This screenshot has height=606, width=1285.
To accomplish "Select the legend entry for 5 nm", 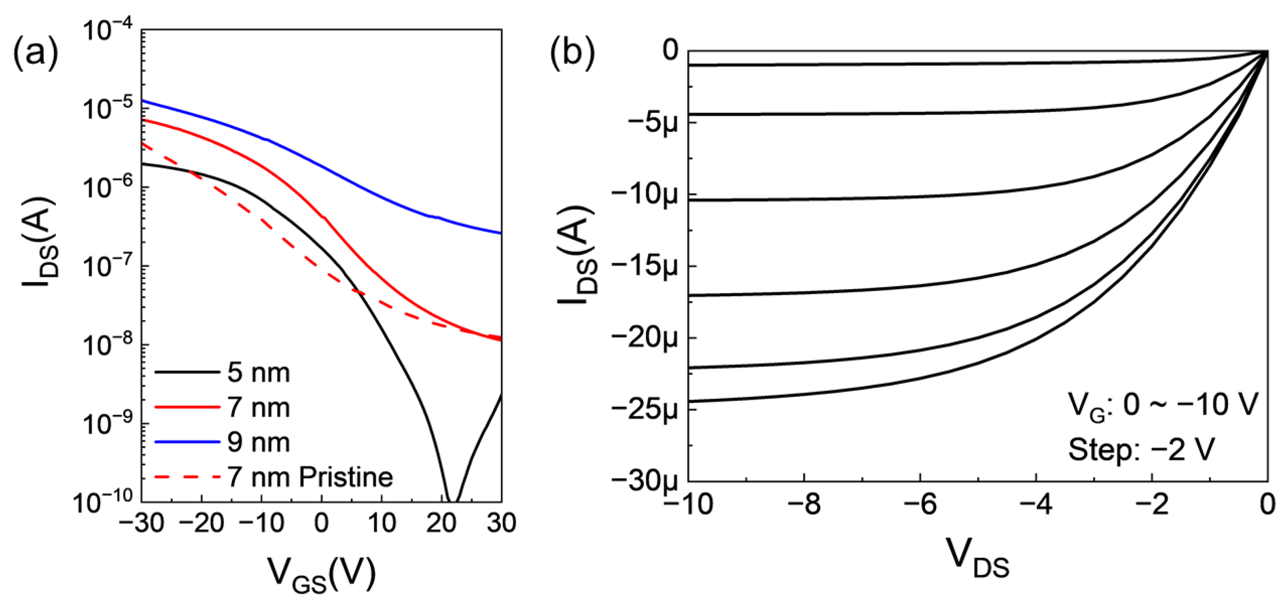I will tap(259, 373).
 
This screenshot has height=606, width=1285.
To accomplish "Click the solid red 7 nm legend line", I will tap(187, 407).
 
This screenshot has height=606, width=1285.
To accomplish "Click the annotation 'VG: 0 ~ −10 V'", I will tap(1163, 405).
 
